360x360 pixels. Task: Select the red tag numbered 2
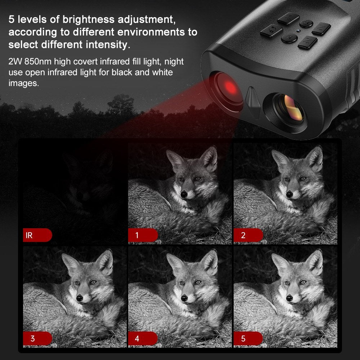tap(248, 235)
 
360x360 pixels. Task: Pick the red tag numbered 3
tap(37, 338)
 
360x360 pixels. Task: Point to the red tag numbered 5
tap(248, 338)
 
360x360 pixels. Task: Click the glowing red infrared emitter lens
tap(229, 89)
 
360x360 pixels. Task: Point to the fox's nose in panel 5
tap(289, 298)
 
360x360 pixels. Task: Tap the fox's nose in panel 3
tap(80, 298)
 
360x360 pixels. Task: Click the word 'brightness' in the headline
tap(89, 19)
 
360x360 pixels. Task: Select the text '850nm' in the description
tap(38, 62)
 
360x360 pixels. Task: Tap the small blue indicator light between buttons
tap(298, 31)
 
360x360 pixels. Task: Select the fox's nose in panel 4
tap(184, 298)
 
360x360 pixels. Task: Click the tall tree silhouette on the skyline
tap(121, 104)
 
